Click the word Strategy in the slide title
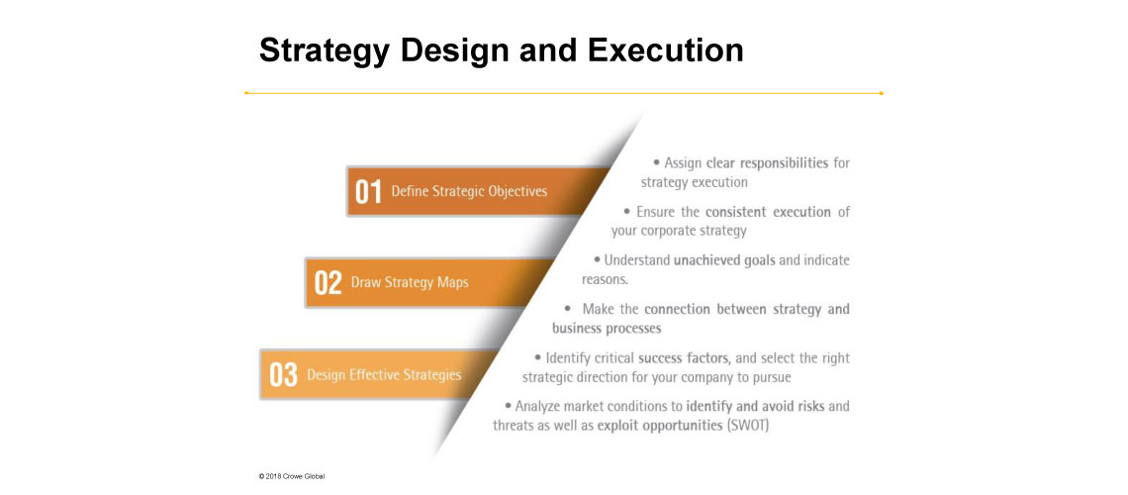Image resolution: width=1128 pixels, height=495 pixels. [325, 51]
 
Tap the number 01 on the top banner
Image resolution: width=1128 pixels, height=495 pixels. [368, 192]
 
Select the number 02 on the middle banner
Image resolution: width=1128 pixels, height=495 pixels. [328, 283]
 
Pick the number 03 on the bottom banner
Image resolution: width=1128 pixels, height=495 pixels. [283, 375]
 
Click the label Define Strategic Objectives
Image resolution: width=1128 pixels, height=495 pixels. [469, 191]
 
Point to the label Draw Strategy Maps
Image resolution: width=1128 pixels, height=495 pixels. [410, 283]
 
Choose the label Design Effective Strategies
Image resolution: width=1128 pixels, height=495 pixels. [384, 375]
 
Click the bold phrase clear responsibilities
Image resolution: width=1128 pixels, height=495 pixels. [767, 163]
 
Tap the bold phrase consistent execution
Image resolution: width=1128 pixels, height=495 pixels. [768, 212]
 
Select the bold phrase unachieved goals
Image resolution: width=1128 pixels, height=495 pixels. [724, 260]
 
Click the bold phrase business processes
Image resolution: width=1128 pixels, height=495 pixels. [607, 328]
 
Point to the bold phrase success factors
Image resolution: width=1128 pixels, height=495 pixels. [684, 357]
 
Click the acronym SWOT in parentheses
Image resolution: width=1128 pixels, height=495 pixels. [748, 426]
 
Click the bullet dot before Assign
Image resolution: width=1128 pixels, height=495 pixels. [656, 163]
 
